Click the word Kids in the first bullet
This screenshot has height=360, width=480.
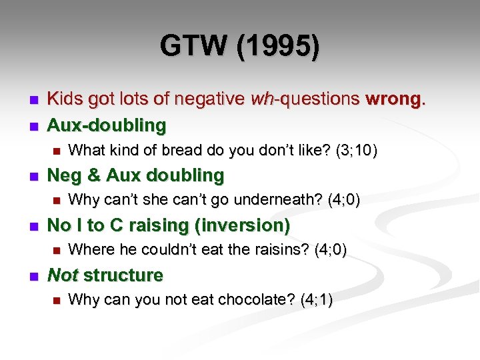coord(64,99)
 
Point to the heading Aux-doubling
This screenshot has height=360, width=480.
coord(107,125)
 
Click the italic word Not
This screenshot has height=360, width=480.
coord(63,275)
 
